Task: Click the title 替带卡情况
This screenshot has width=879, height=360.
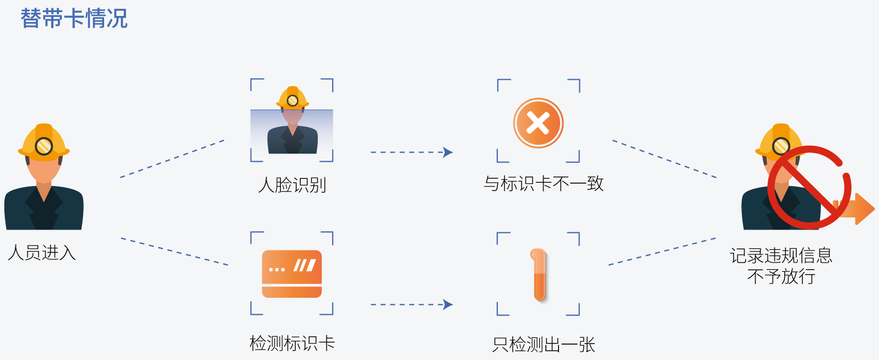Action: (74, 19)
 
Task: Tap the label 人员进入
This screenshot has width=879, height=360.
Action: (42, 253)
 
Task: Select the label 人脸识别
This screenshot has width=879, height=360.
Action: (292, 185)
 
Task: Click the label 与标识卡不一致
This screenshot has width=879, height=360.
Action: (544, 184)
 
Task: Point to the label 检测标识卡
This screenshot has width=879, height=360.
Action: (292, 343)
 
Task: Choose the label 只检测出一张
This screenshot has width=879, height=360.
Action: (544, 345)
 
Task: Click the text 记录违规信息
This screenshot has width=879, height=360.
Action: (781, 255)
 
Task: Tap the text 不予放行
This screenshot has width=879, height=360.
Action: (781, 276)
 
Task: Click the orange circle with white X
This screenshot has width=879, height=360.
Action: (538, 123)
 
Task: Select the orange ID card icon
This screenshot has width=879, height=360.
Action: (292, 274)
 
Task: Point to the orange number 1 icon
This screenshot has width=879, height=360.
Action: (539, 274)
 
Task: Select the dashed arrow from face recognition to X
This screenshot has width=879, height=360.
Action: (411, 152)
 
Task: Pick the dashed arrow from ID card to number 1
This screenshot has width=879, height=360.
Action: (411, 304)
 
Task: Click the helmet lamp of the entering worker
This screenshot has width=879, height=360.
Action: (44, 146)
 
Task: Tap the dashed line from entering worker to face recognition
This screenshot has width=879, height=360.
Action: (172, 159)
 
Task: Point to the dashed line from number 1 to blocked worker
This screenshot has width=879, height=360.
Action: (662, 252)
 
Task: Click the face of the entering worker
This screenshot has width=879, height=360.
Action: (44, 171)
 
